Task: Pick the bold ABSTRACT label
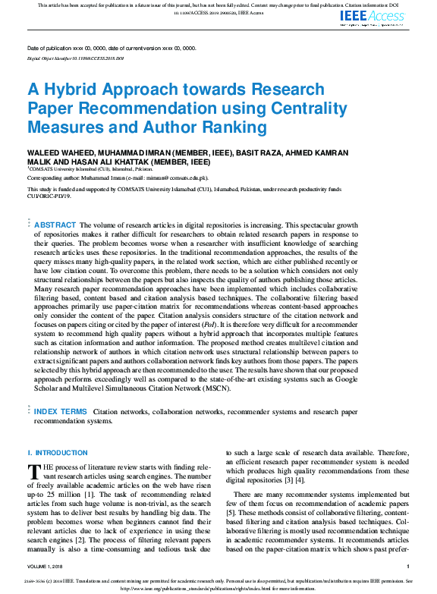pos(55,225)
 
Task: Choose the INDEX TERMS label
pos(64,411)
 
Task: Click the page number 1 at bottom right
pos(408,566)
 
